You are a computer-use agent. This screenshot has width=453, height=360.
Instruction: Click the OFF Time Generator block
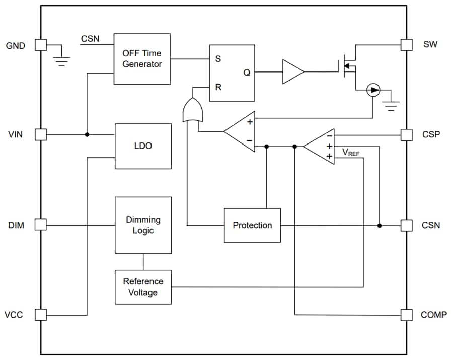point(142,59)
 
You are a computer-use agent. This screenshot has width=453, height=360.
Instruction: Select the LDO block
point(143,146)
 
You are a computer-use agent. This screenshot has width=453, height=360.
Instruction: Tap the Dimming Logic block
point(143,225)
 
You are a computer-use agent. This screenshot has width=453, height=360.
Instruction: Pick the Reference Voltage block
point(143,287)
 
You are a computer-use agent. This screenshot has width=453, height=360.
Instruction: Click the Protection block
point(252,225)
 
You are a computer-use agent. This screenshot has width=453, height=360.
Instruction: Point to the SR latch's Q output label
point(247,73)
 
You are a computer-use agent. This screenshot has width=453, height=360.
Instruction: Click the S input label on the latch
point(218,59)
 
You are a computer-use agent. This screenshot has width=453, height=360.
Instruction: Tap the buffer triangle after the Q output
point(292,72)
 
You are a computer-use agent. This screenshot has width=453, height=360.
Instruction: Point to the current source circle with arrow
point(373,91)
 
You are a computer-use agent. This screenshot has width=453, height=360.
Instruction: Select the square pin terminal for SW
point(406,45)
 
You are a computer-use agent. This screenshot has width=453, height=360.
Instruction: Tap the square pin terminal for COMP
point(406,315)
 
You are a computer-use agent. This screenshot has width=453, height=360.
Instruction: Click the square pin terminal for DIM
point(41,225)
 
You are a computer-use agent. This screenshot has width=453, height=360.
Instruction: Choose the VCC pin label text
point(14,315)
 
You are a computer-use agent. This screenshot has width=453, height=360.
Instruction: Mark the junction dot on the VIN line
point(87,134)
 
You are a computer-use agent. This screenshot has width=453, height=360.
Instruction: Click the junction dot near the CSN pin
point(380,225)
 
